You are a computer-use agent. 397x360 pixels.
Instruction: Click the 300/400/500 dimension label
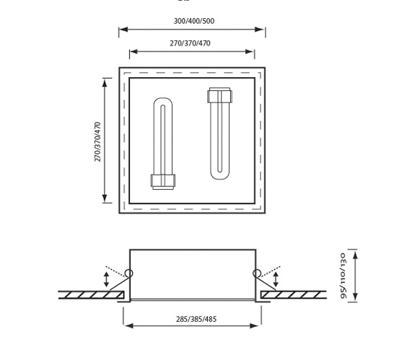194,21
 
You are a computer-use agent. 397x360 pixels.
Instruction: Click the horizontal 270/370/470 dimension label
190,43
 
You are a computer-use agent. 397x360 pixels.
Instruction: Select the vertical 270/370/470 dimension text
97,141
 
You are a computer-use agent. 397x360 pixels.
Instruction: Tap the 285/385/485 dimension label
196,319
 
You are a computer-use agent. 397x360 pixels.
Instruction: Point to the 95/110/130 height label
343,276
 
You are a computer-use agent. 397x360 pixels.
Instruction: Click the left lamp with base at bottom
163,144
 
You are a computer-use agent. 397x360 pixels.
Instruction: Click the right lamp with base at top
219,133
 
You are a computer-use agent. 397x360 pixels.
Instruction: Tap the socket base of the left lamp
163,182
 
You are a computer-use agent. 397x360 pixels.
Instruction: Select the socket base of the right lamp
219,95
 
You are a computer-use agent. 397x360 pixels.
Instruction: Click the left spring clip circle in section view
128,273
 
